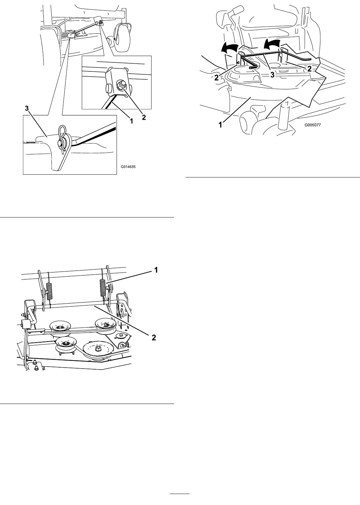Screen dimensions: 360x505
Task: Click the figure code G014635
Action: [128, 167]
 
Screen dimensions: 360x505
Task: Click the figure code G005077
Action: [313, 125]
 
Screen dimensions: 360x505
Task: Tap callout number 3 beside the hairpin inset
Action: [27, 108]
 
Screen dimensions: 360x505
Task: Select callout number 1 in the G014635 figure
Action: [131, 121]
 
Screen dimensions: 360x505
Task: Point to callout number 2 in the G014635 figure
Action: [144, 117]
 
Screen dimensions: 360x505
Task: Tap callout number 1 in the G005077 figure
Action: [221, 125]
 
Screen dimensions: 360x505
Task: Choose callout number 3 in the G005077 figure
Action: [273, 75]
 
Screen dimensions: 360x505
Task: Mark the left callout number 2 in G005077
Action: [216, 78]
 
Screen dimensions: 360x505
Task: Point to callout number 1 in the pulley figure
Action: [156, 270]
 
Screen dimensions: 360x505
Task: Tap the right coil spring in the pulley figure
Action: [103, 288]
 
